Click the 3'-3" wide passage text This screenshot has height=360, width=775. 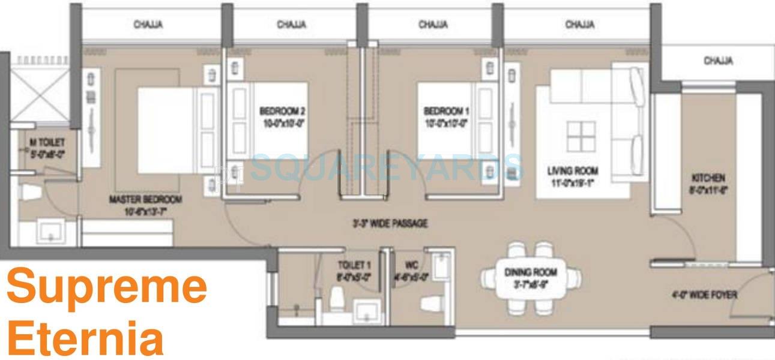[390, 224]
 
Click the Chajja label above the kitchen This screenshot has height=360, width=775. [718, 61]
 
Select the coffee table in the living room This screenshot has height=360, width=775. [580, 137]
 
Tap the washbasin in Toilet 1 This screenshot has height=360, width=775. [365, 313]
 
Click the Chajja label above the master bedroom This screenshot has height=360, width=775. [148, 25]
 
